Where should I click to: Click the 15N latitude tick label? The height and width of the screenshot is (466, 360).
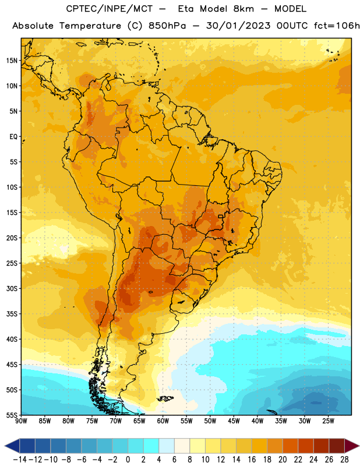(x=12, y=61)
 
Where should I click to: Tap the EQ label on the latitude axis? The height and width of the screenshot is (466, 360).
(x=13, y=137)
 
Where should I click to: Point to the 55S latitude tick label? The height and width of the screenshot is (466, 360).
(x=12, y=415)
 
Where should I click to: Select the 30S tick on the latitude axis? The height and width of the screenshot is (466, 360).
(x=12, y=288)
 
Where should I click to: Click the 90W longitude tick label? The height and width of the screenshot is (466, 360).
(x=21, y=421)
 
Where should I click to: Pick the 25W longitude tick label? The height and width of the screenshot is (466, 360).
(x=328, y=421)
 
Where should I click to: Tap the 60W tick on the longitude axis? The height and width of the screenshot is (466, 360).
(x=163, y=421)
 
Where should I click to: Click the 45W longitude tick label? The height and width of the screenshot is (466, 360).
(x=234, y=421)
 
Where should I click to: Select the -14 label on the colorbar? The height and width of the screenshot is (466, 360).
(x=20, y=460)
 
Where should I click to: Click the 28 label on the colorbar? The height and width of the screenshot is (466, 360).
(x=344, y=460)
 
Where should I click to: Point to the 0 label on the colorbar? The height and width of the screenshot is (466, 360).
(x=128, y=460)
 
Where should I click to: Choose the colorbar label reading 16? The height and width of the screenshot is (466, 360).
(x=252, y=460)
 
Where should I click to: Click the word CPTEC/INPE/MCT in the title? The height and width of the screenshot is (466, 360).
(x=110, y=9)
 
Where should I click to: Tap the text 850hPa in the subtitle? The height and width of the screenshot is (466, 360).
(x=167, y=26)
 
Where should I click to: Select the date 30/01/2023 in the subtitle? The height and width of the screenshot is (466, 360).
(x=238, y=26)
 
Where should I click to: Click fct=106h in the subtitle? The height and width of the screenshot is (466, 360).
(x=337, y=26)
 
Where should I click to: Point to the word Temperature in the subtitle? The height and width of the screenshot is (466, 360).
(x=90, y=26)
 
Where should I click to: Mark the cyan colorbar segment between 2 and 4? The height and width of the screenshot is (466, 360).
(x=151, y=446)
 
